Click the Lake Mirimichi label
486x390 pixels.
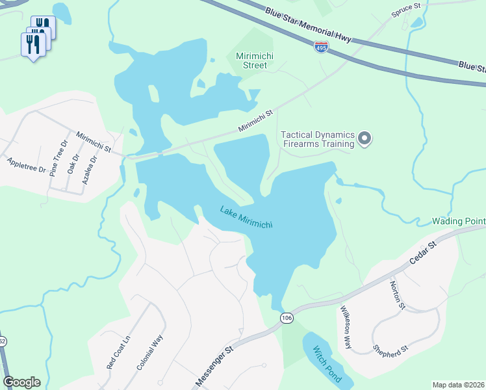246,217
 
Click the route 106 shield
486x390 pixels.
287,317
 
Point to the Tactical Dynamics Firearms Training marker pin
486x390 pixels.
364,138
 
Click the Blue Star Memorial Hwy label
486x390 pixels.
308,24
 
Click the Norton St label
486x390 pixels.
398,294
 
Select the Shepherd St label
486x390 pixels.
390,349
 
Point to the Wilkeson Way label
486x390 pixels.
345,327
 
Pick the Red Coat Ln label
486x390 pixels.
119,355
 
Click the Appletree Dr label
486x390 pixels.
26,165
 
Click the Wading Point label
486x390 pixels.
459,222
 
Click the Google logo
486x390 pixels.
21,382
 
